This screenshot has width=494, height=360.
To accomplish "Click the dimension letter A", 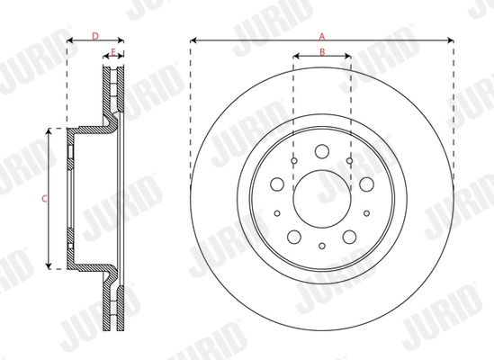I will coord(321,33).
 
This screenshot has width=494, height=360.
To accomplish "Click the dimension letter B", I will coord(321,53).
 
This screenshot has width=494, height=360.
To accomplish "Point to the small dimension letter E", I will coord(112,52).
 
